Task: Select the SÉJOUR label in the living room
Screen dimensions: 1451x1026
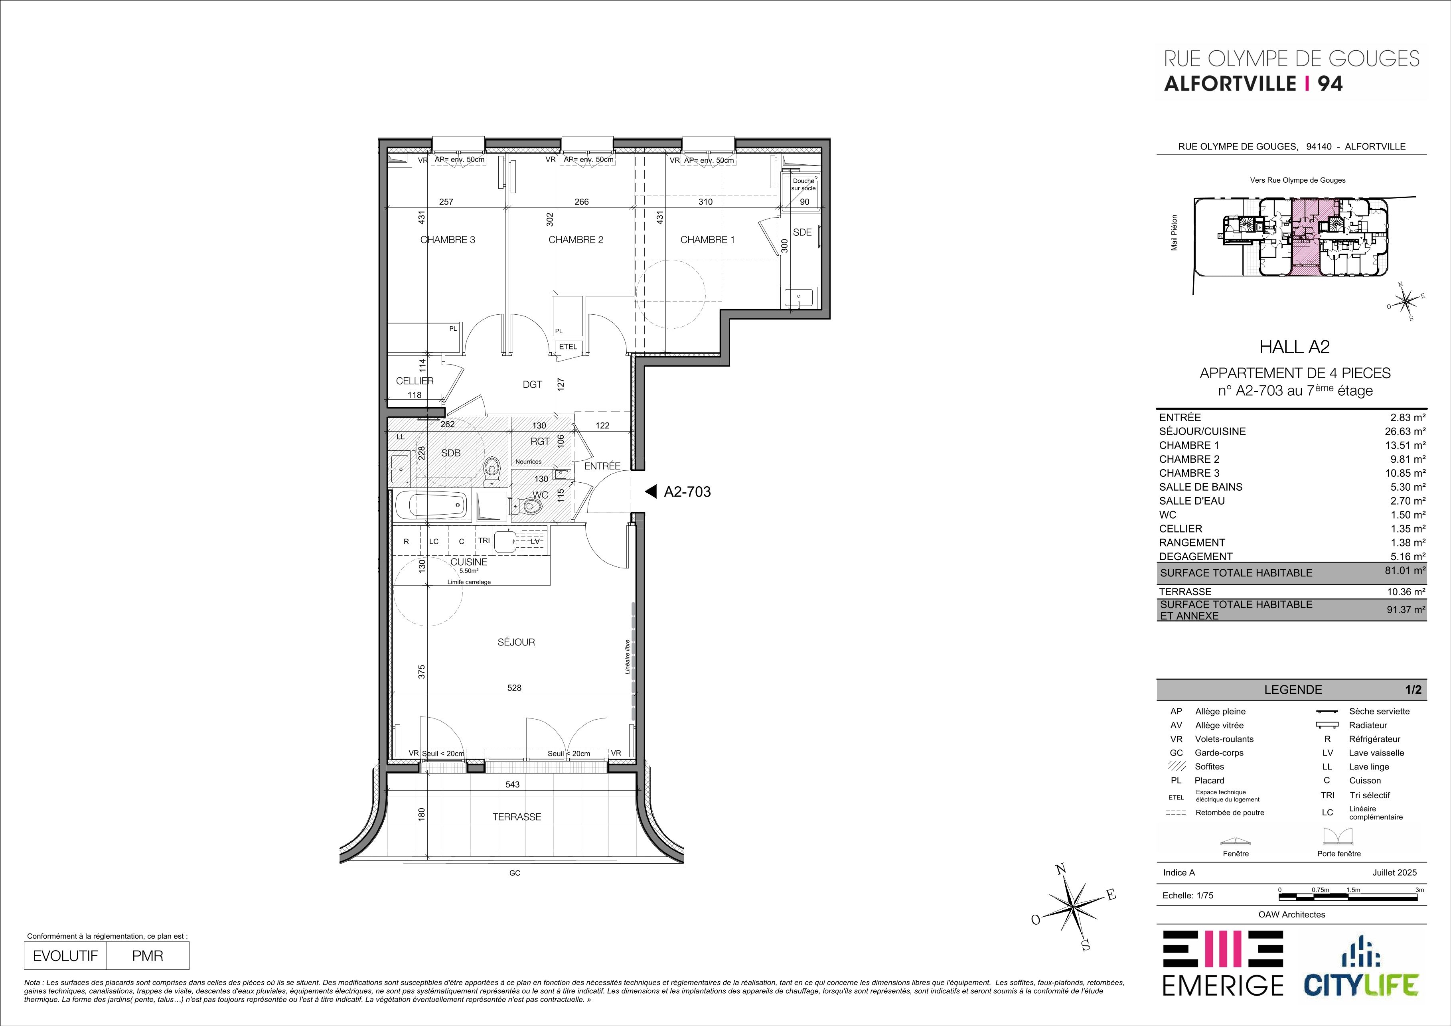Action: click(x=516, y=642)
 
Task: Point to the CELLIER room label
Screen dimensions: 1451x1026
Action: click(x=415, y=381)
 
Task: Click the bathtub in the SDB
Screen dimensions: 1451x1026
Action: click(x=432, y=505)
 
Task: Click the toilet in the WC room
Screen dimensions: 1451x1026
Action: click(x=529, y=507)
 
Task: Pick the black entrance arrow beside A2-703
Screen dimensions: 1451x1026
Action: click(x=649, y=491)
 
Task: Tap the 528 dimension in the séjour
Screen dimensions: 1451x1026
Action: click(x=514, y=688)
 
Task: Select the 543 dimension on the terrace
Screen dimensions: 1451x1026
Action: click(x=513, y=785)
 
